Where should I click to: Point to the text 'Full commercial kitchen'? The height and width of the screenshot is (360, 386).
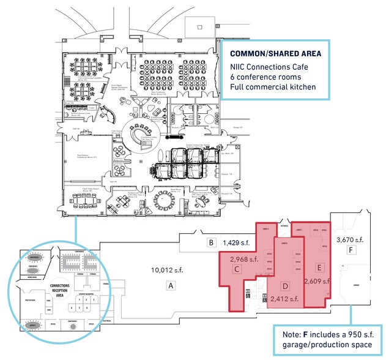(x=273, y=87)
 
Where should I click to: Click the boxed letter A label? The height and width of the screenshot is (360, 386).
(x=171, y=285)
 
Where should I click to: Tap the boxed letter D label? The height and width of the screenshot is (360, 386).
(x=284, y=286)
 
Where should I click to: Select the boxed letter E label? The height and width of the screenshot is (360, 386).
(x=318, y=268)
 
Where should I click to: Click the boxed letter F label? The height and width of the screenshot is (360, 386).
(x=351, y=250)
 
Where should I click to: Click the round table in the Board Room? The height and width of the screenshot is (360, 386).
(x=164, y=200)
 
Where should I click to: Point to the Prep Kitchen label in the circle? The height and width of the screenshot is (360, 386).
(x=29, y=301)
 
